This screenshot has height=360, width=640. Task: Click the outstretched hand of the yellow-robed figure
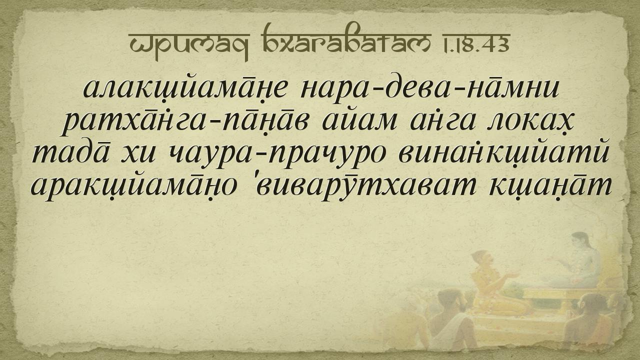click(x=513, y=275)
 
